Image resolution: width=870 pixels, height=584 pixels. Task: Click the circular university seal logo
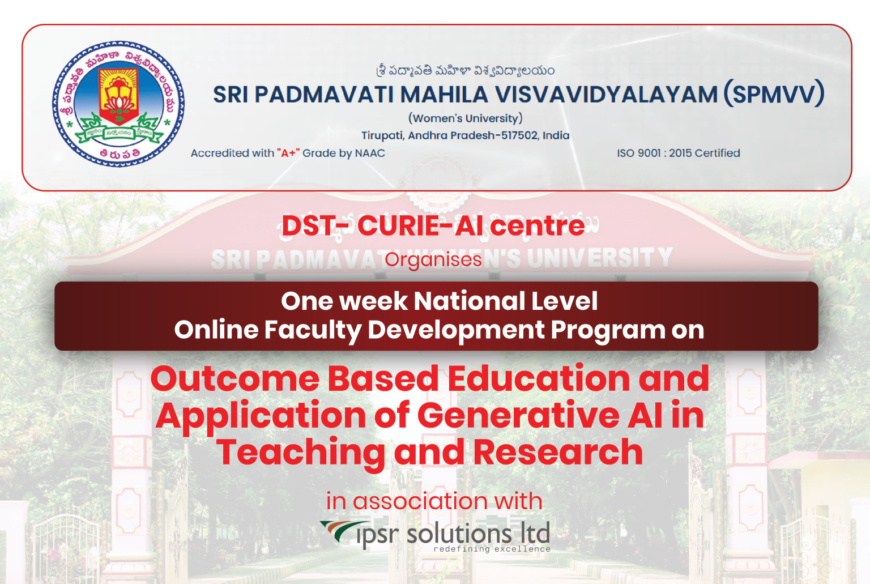pyautogui.click(x=118, y=104)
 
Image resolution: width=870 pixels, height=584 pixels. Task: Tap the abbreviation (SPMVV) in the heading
pyautogui.click(x=774, y=95)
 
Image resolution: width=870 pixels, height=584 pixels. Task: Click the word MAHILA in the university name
pyautogui.click(x=444, y=95)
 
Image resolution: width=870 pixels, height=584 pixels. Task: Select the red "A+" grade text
pyautogui.click(x=288, y=153)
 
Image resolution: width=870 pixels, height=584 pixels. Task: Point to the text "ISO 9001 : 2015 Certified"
pyautogui.click(x=678, y=153)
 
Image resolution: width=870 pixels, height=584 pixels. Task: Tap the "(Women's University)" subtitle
pyautogui.click(x=465, y=118)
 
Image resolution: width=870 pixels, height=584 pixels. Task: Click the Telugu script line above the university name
pyautogui.click(x=465, y=71)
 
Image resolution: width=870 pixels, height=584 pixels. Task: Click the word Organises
pyautogui.click(x=433, y=259)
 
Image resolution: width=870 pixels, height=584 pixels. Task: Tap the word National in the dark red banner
pyautogui.click(x=462, y=301)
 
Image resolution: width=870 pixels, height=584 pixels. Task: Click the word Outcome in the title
pyautogui.click(x=234, y=378)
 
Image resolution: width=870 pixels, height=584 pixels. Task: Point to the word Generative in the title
pyautogui.click(x=518, y=415)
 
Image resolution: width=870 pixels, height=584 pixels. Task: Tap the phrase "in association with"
pyautogui.click(x=434, y=501)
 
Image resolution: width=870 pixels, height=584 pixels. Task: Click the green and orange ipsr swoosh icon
pyautogui.click(x=339, y=530)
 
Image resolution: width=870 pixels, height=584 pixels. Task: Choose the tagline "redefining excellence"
pyautogui.click(x=492, y=549)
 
